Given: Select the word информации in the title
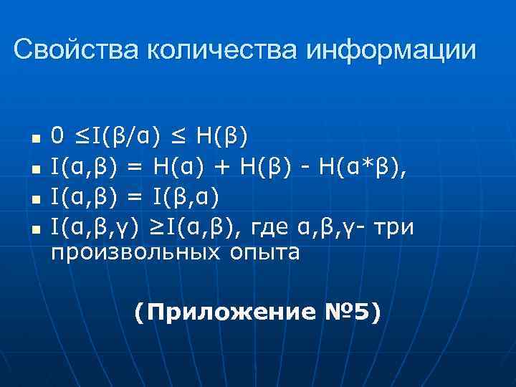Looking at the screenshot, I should [391, 49].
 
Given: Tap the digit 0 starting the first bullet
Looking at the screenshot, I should [58, 134].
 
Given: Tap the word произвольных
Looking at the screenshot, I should [136, 253].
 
